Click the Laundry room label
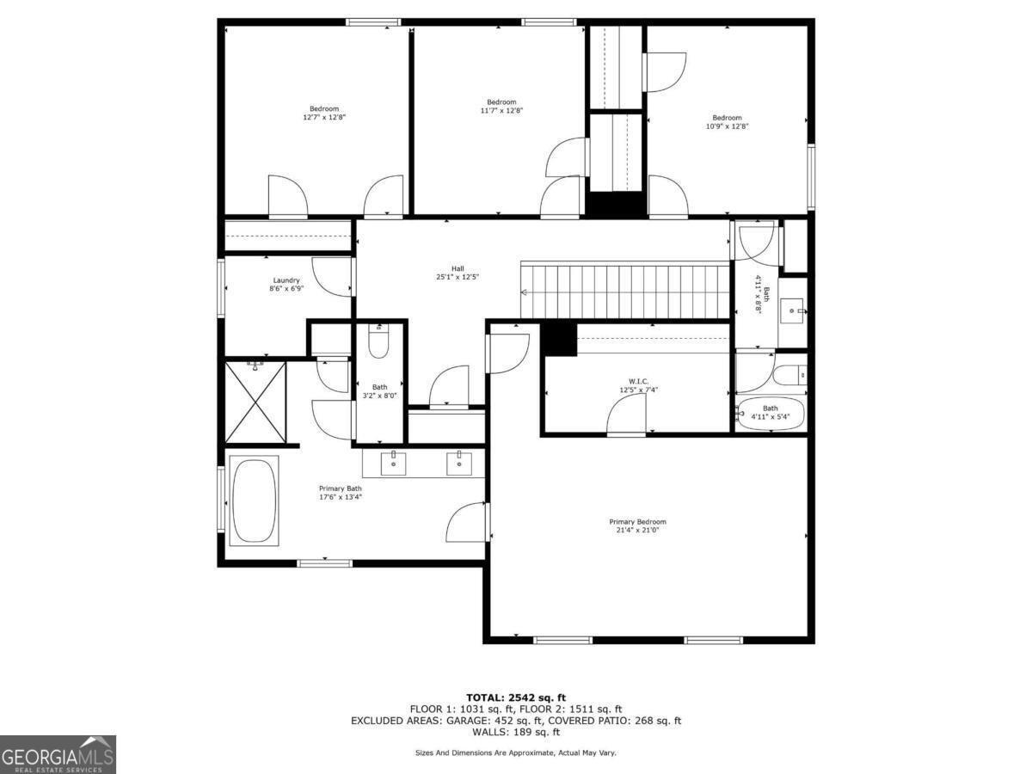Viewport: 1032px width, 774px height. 286,280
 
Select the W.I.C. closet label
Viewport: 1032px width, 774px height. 637,381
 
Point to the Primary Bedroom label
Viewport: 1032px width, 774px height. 637,522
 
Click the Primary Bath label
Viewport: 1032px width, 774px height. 341,488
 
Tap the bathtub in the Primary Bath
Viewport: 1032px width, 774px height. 254,501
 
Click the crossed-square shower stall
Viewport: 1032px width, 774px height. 255,402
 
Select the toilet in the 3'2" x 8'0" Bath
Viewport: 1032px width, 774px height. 379,341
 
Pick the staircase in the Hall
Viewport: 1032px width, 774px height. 626,292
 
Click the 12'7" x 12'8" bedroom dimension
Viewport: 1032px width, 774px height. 324,117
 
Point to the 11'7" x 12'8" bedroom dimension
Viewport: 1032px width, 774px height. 501,110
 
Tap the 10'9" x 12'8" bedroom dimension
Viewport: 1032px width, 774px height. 727,126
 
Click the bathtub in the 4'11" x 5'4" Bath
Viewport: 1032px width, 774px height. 771,415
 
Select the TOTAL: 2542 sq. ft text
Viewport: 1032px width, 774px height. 515,697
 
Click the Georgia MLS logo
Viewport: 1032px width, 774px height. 58,754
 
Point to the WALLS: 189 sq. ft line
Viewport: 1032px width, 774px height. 515,733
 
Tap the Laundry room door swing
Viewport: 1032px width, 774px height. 332,275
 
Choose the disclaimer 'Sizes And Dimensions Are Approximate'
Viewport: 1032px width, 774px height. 515,752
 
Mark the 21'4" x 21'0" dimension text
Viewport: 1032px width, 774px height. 637,530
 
